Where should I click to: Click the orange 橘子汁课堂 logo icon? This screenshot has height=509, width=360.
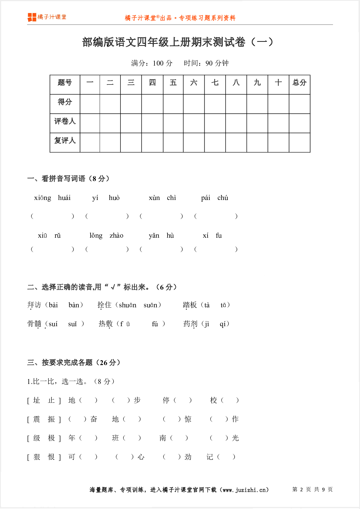click(32, 17)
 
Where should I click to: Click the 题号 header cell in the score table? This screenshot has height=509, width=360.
click(65, 83)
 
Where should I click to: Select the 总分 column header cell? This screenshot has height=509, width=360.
click(299, 83)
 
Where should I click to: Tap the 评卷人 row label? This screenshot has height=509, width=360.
click(65, 121)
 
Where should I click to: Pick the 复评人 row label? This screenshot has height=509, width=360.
click(65, 141)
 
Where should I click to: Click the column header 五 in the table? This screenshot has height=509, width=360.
click(173, 83)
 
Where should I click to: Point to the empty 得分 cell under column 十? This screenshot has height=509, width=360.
click(278, 104)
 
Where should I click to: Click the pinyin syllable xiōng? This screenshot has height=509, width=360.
click(42, 198)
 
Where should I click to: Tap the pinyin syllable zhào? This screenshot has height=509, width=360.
click(116, 236)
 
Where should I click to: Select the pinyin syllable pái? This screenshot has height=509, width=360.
click(206, 198)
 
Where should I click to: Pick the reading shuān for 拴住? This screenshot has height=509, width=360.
click(127, 305)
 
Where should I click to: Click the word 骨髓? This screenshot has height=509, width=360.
click(34, 324)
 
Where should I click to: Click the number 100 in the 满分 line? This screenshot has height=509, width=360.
click(158, 63)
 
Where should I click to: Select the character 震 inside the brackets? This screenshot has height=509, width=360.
click(37, 419)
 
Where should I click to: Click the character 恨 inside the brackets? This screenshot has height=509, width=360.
click(51, 457)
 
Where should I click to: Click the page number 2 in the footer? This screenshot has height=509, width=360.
click(301, 490)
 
